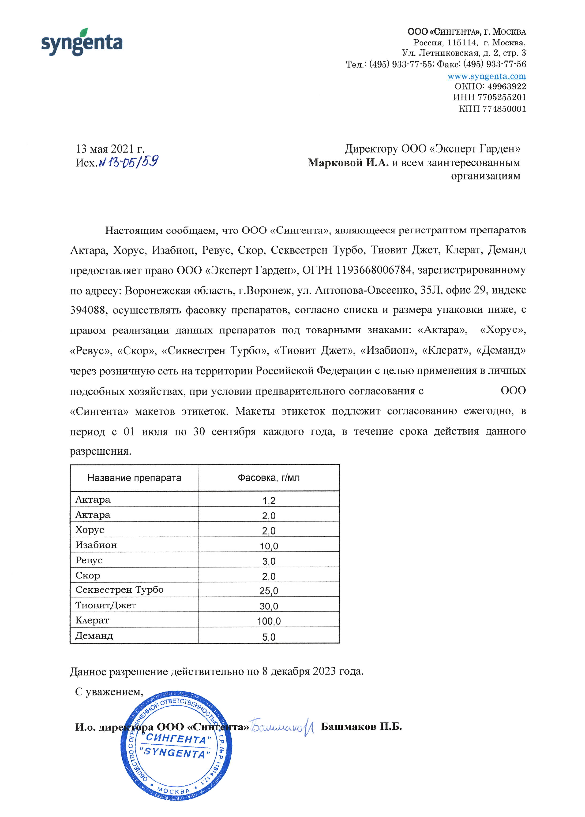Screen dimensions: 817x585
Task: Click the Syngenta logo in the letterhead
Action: coord(82,42)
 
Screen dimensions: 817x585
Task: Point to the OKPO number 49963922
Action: coord(506,86)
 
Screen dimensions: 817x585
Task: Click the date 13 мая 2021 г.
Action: coord(110,149)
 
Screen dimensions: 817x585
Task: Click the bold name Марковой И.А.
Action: coord(348,163)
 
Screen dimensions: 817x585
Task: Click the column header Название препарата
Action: coord(134,478)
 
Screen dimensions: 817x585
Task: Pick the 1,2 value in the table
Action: coord(269,501)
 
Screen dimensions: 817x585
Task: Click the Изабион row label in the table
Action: coord(96,545)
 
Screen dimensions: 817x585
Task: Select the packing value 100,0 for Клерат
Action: coord(269,621)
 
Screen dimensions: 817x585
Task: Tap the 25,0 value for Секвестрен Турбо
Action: coord(269,591)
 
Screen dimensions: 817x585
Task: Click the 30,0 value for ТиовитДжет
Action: coord(269,606)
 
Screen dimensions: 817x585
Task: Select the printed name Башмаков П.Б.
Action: coord(361,727)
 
